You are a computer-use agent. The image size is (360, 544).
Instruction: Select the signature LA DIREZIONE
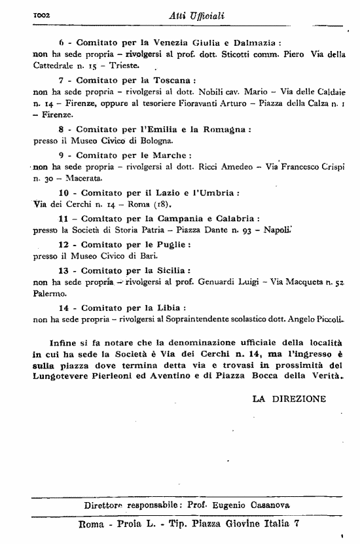pyautogui.click(x=289, y=397)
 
